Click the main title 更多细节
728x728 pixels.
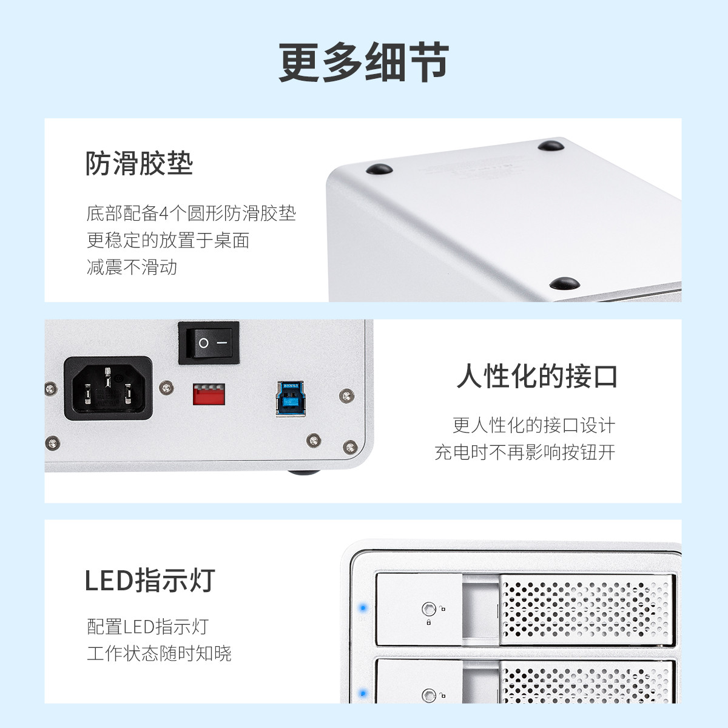363,62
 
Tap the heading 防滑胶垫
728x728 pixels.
140,163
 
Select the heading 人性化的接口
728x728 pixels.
537,376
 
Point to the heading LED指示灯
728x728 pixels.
150,580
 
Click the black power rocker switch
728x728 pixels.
209,343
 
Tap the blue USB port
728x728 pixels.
290,399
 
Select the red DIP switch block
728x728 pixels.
209,394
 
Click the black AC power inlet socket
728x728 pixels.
109,388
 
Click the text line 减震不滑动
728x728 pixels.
132,267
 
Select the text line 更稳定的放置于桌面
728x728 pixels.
168,240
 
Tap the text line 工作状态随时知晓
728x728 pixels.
159,653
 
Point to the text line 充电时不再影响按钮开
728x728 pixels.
525,452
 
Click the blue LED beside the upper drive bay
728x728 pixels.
363,608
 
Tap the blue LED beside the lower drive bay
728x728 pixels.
363,693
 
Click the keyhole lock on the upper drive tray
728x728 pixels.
428,608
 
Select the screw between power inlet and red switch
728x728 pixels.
166,388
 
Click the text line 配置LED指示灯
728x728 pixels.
147,626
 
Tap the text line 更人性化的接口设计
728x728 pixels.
534,425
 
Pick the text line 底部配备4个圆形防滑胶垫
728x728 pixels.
191,213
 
